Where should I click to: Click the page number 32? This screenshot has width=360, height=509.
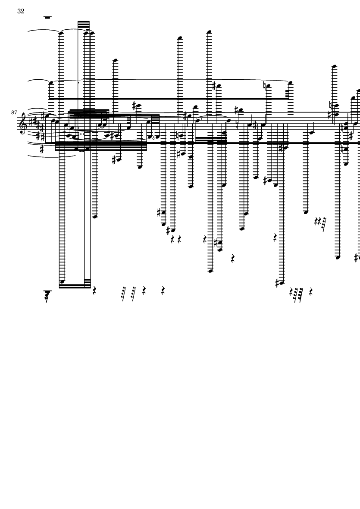21,11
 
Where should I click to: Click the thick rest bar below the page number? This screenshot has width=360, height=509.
48,18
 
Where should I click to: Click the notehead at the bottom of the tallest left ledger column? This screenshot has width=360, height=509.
62,282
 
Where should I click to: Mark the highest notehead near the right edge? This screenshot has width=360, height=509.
333,66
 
